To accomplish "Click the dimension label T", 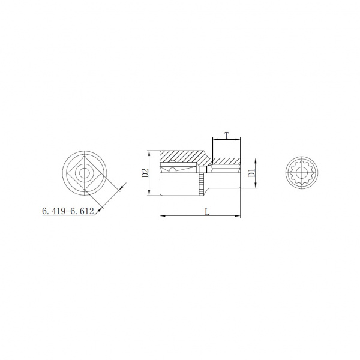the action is (227, 136).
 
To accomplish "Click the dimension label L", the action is (207, 212).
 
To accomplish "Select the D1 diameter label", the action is (252, 173).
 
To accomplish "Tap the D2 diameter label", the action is (145, 173).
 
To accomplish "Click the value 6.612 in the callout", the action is (82, 211).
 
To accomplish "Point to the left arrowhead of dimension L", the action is (163, 215).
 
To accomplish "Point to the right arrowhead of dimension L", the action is (237, 215).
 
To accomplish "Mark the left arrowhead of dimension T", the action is (215, 139).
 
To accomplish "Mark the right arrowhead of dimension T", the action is (238, 139).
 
